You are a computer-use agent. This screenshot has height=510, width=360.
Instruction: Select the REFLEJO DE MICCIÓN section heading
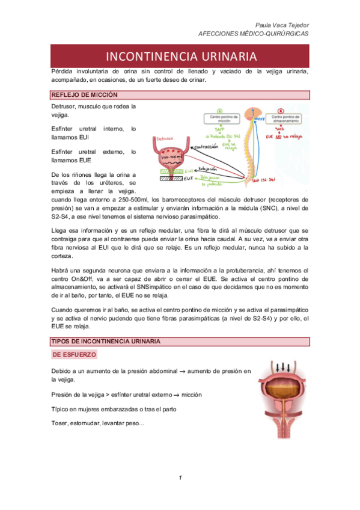84,95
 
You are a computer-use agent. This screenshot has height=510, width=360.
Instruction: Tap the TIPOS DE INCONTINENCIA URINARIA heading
105,342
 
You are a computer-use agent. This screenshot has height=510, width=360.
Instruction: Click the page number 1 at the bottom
180,478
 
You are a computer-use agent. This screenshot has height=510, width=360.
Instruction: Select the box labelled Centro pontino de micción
220,116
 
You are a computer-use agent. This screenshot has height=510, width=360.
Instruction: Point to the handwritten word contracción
210,146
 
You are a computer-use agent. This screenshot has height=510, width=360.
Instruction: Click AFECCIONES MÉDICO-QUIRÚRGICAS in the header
253,34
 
